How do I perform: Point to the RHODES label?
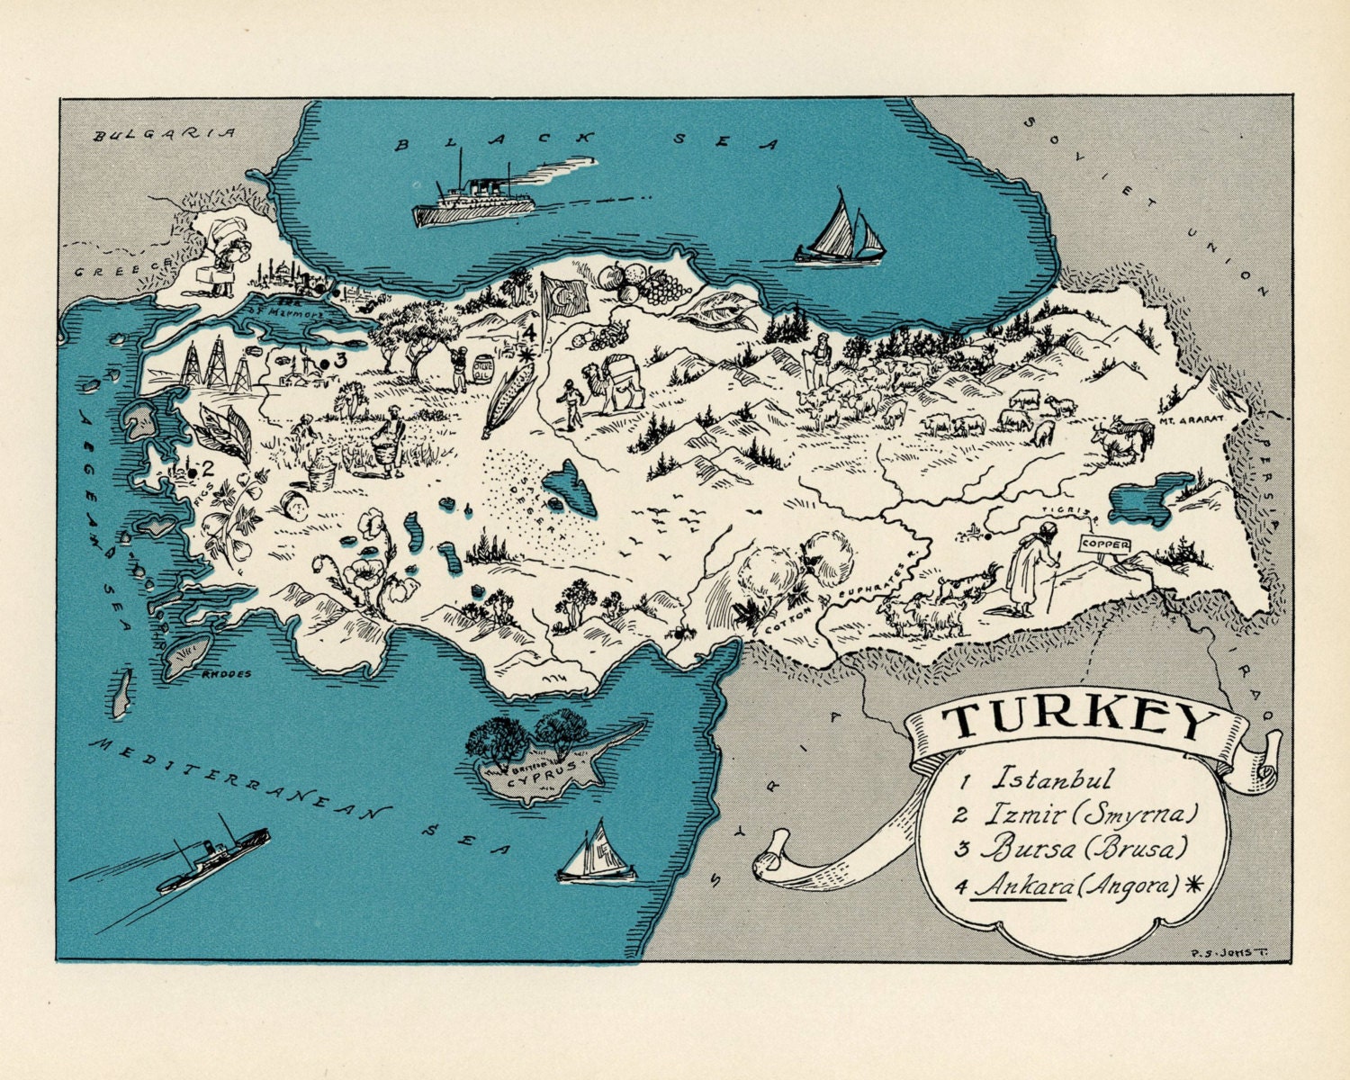click(x=228, y=674)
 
